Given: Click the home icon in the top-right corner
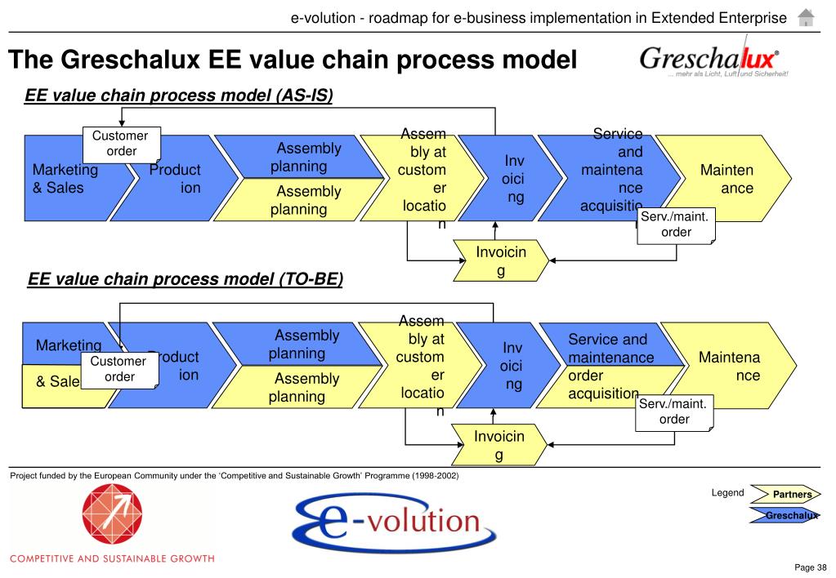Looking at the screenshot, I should [x=806, y=17].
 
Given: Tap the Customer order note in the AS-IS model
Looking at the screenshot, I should [x=121, y=144].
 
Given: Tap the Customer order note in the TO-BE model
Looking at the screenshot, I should [x=119, y=369].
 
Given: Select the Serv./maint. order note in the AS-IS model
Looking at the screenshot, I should [x=676, y=225].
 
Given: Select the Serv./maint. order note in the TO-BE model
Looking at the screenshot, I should [x=674, y=411].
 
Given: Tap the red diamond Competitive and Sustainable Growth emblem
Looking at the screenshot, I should [x=111, y=515].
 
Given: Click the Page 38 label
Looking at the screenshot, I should [x=811, y=567].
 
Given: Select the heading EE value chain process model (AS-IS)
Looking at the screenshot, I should [x=179, y=96].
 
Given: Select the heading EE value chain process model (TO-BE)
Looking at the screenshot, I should [x=185, y=280].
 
